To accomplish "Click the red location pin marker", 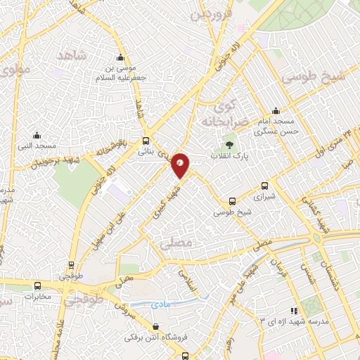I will pos(181,165).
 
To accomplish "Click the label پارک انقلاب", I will pos(227,155).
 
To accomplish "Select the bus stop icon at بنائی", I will pos(146,140).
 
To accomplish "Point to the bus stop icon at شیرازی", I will pos(264,186).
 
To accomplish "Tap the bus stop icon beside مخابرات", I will pos(38,285).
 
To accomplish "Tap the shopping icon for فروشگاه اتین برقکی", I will pos(155,326).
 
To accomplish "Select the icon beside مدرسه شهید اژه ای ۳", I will pos(293,310).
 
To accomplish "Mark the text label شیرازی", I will pos(264,198).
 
